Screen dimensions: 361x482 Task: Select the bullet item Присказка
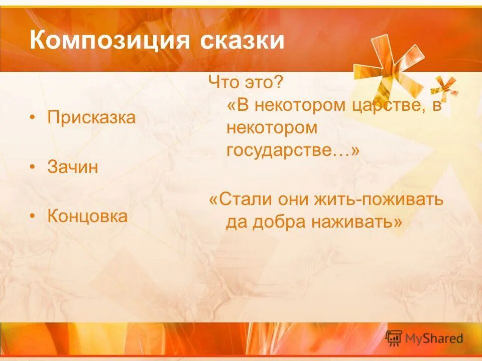[x=91, y=118]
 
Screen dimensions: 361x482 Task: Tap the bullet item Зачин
[x=73, y=167]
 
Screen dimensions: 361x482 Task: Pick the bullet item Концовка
[x=87, y=217]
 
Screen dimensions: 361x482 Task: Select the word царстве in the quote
[x=385, y=106]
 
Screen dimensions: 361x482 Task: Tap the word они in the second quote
[x=295, y=199]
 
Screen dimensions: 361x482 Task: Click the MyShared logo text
[x=434, y=338]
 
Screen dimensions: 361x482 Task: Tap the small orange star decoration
[x=444, y=86]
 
